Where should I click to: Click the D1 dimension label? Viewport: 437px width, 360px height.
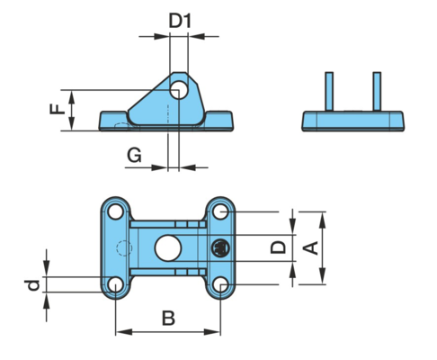coord(180,21)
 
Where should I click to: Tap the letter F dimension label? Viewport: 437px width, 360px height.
coord(58,109)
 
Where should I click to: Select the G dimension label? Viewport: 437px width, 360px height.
coord(134,156)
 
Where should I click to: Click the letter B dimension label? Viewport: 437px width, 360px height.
coord(168,318)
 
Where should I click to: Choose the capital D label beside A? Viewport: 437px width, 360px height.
coord(279,247)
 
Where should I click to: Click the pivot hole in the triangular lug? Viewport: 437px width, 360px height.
coord(179,90)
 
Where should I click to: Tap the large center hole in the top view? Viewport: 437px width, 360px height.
coord(168,248)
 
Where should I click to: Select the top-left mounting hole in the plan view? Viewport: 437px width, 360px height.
coord(115,211)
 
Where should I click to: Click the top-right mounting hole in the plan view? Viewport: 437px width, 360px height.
coord(220,211)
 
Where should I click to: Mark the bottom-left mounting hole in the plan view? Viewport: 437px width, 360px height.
coord(115,284)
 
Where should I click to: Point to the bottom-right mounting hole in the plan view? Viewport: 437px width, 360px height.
coord(220,284)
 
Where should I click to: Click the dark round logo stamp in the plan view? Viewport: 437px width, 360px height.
coord(220,248)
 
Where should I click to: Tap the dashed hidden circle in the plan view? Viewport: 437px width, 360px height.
coord(124,248)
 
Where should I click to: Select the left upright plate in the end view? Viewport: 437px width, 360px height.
coord(329,92)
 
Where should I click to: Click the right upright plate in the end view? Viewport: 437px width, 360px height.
coord(377,92)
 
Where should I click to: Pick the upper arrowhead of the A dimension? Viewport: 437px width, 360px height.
coord(322,220)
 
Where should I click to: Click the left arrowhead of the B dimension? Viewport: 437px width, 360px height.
coord(123,332)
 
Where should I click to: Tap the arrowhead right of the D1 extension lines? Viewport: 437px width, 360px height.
coord(196,36)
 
